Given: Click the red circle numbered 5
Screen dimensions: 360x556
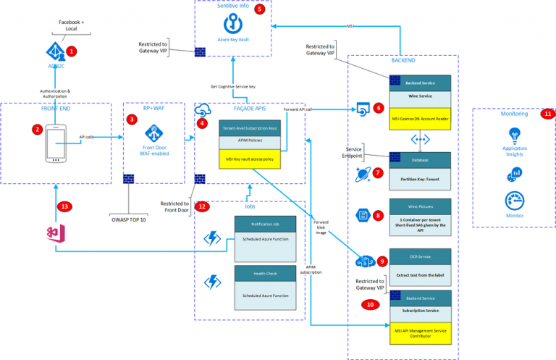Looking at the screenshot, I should click(260, 9).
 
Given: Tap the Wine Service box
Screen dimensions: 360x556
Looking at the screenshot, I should click(421, 94).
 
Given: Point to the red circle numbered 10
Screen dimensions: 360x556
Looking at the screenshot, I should click(371, 305).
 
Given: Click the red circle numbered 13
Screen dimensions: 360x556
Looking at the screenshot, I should click(64, 206).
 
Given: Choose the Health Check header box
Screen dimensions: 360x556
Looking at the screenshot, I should click(265, 272).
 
